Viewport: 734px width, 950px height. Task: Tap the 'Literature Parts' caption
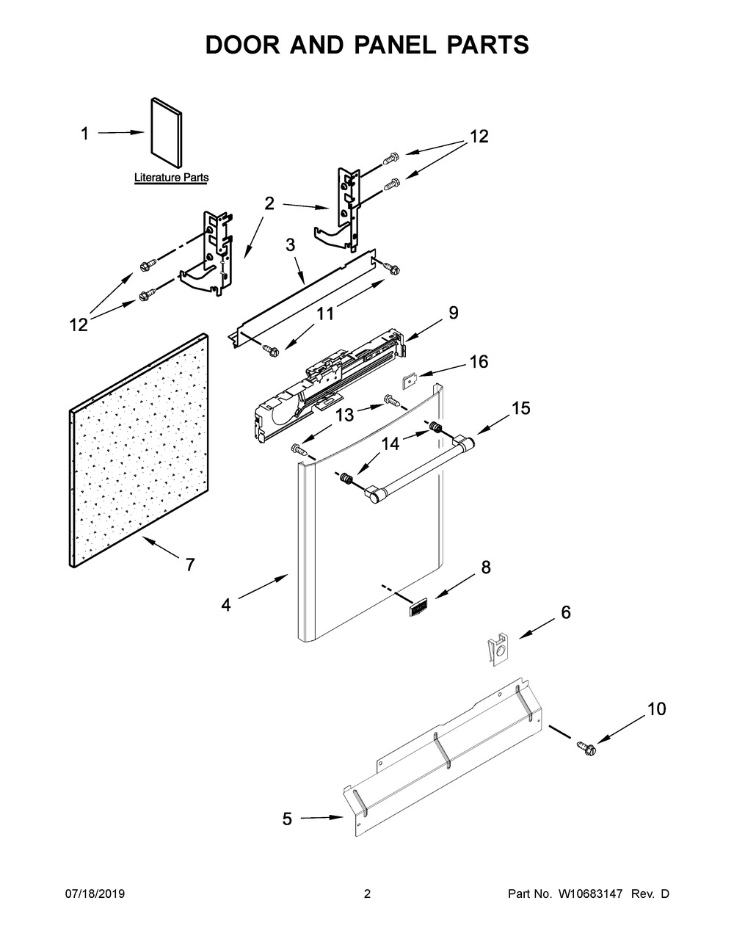(171, 178)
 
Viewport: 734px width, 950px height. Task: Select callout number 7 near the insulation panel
(189, 565)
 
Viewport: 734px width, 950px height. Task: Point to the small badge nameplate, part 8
(417, 607)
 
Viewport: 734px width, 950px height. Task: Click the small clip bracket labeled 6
(498, 649)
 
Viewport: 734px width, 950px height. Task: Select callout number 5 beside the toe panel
(287, 819)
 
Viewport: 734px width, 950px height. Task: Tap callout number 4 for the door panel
(226, 605)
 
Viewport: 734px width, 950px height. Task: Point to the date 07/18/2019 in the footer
(95, 894)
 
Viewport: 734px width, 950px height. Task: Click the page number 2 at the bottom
(367, 894)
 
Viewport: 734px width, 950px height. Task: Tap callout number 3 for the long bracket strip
(291, 244)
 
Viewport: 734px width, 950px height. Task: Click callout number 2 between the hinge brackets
(269, 203)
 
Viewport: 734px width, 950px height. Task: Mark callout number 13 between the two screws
(344, 415)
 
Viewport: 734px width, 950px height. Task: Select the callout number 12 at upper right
(479, 137)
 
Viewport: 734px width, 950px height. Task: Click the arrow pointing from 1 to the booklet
(120, 133)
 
